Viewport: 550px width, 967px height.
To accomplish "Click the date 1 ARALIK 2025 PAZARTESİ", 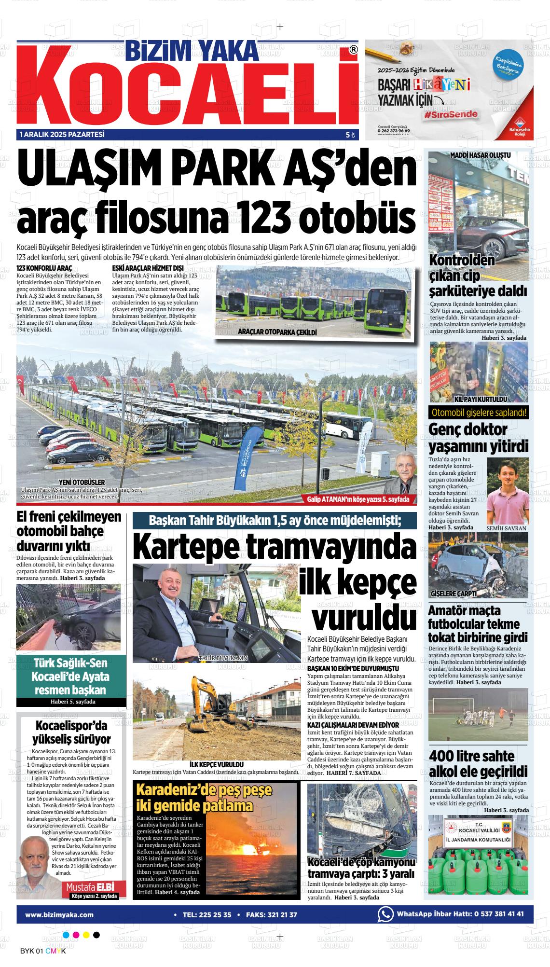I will [x=62, y=135].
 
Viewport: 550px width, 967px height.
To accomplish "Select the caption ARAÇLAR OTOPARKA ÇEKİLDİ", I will [x=277, y=333].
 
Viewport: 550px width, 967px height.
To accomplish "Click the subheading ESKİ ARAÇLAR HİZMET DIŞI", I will [x=148, y=268].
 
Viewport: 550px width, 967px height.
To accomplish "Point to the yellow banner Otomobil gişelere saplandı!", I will [x=478, y=413].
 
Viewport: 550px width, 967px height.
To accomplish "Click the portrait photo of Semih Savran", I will [x=507, y=491].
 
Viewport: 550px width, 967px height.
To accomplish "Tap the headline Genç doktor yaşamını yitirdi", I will [x=478, y=437].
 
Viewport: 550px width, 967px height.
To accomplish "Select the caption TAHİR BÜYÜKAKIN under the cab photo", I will [x=222, y=658].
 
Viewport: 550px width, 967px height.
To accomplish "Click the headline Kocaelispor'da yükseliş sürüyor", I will [x=71, y=732].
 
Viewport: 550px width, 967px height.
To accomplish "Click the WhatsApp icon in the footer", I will [x=385, y=900].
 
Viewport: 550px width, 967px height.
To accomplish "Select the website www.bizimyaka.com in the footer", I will [x=59, y=900].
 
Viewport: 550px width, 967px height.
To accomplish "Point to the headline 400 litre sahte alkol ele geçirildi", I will [x=478, y=763].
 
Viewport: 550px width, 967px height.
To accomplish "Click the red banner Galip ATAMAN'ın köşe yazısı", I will [x=357, y=499].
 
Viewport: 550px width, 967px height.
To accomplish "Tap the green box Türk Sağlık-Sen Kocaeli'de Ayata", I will [x=70, y=676].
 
